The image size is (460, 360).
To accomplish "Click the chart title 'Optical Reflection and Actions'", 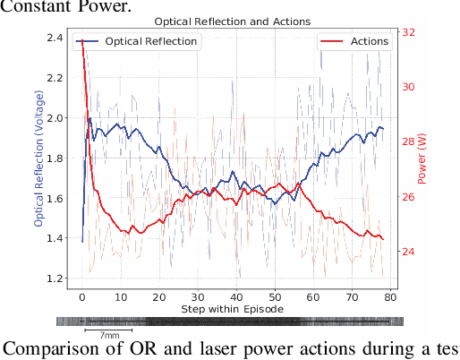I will point(233,21).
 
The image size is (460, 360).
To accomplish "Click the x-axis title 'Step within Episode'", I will point(233,309).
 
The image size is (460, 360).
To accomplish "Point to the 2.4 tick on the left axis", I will point(55,38).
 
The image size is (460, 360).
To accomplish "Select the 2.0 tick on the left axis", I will point(55,117).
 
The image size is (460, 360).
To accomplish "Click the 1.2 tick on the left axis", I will point(55,279).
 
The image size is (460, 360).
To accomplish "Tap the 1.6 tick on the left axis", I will point(55,198).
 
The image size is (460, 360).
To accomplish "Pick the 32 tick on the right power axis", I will point(408,32).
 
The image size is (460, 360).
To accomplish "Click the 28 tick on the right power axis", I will point(408,141).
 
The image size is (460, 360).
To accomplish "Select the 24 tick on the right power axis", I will point(408,252).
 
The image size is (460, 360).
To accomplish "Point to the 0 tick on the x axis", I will point(82,297).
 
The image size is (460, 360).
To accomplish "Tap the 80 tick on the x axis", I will point(390,297).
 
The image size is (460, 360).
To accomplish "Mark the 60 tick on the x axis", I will point(313,297).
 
